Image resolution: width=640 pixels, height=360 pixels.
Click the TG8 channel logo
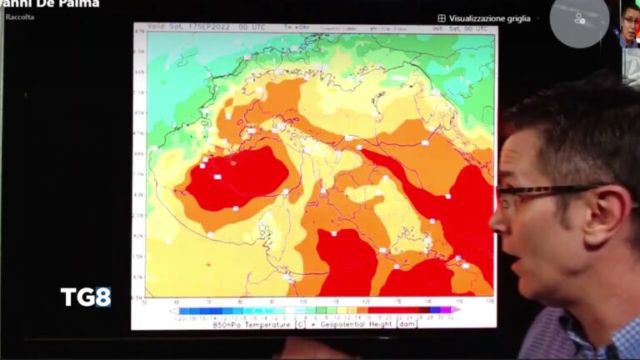tap(85, 297)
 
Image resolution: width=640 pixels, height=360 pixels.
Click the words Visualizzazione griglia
tap(490, 17)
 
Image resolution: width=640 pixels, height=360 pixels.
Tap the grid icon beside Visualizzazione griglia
tap(442, 17)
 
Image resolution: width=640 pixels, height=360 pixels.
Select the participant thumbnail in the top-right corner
tap(628, 22)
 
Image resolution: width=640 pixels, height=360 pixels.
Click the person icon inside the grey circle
tap(578, 18)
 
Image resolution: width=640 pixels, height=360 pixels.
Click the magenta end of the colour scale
tap(455, 310)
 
